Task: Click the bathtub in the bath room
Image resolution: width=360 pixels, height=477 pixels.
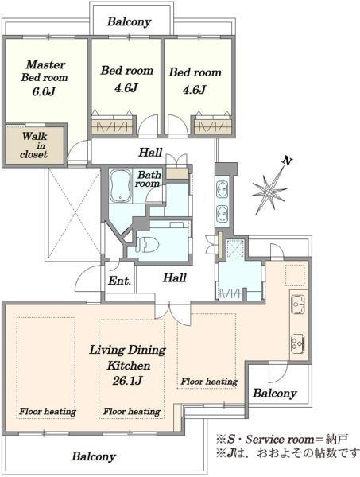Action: pyautogui.click(x=121, y=185)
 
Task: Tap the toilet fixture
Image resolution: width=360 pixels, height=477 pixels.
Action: pyautogui.click(x=148, y=244)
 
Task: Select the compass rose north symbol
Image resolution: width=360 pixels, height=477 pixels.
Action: pyautogui.click(x=268, y=190)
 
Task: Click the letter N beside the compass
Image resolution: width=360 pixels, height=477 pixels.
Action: pyautogui.click(x=286, y=161)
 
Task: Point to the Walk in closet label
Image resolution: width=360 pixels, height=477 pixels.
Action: pyautogui.click(x=34, y=145)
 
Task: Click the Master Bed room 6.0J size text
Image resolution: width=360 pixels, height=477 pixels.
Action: pyautogui.click(x=44, y=91)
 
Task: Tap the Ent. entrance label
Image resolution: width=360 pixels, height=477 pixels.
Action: pyautogui.click(x=119, y=281)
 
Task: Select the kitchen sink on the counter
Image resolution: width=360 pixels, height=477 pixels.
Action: pyautogui.click(x=298, y=304)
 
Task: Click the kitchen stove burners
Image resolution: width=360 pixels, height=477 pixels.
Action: pyautogui.click(x=298, y=343)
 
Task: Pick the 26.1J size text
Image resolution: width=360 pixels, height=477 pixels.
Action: pyautogui.click(x=127, y=380)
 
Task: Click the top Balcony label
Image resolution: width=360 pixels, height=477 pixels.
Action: pyautogui.click(x=129, y=22)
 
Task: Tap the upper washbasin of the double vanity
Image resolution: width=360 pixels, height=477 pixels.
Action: pyautogui.click(x=222, y=189)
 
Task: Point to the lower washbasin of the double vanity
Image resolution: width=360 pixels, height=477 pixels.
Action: pyautogui.click(x=222, y=214)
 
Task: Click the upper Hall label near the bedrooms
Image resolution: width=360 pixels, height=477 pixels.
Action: pyautogui.click(x=150, y=152)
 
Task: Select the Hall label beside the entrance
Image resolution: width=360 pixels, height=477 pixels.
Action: pyautogui.click(x=175, y=277)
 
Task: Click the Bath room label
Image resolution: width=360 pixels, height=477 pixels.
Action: pyautogui.click(x=148, y=179)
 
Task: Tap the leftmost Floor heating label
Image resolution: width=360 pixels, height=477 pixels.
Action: pyautogui.click(x=48, y=412)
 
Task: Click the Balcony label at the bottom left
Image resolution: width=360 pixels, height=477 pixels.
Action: pyautogui.click(x=94, y=456)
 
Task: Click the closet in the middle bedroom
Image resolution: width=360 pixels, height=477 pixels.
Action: pyautogui.click(x=112, y=126)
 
